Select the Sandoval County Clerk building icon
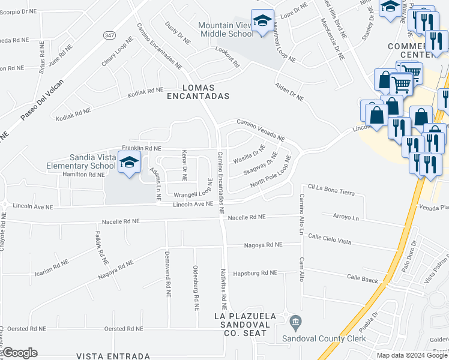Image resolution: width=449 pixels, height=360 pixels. [x=295, y=324]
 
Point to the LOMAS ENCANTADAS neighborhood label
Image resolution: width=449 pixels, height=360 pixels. [x=198, y=91]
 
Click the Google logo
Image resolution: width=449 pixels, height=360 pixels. [x=19, y=353]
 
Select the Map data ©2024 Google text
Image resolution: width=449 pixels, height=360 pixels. [x=411, y=355]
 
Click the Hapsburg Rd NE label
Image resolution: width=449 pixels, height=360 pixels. [x=255, y=272]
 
